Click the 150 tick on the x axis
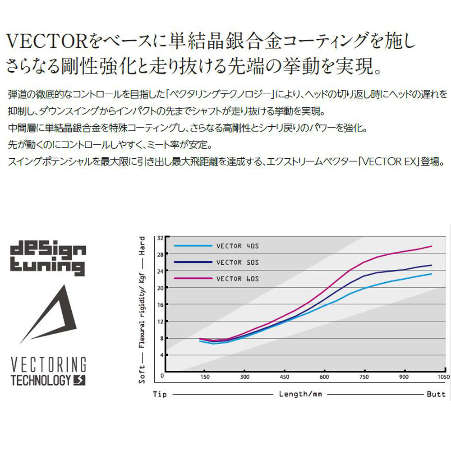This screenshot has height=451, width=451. pyautogui.click(x=204, y=377)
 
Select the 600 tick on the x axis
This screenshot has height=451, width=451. pyautogui.click(x=324, y=377)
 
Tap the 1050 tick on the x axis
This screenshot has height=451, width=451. pyautogui.click(x=444, y=377)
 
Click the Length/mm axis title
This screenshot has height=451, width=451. pyautogui.click(x=300, y=394)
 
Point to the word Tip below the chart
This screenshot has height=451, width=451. pyautogui.click(x=160, y=394)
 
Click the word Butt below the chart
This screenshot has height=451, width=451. pyautogui.click(x=436, y=394)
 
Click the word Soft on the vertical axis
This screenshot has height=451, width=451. pyautogui.click(x=142, y=374)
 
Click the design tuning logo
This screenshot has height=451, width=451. pyautogui.click(x=47, y=258)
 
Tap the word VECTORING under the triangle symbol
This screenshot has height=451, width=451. pyautogui.click(x=48, y=364)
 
